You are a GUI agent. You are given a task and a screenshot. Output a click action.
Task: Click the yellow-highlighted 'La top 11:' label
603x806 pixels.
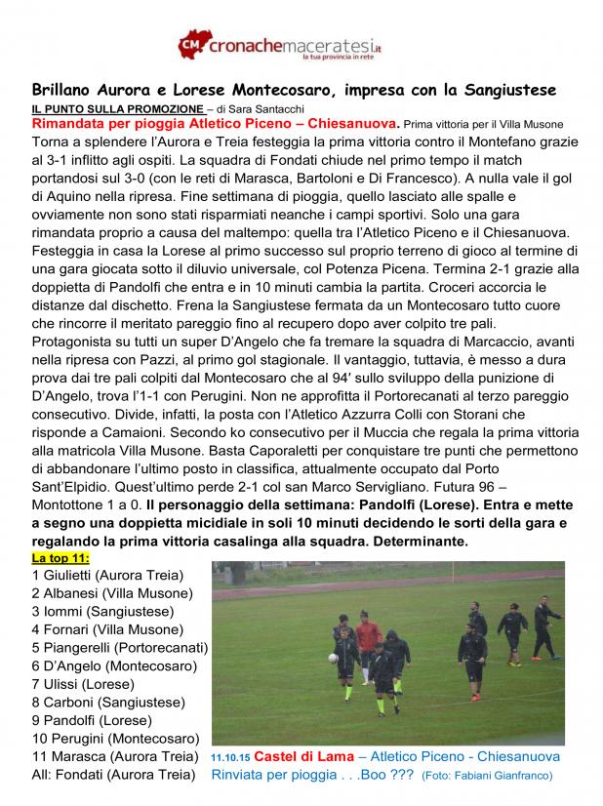pos(60,557)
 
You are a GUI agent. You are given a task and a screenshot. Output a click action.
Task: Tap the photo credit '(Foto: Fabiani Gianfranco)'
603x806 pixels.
pos(486,776)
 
